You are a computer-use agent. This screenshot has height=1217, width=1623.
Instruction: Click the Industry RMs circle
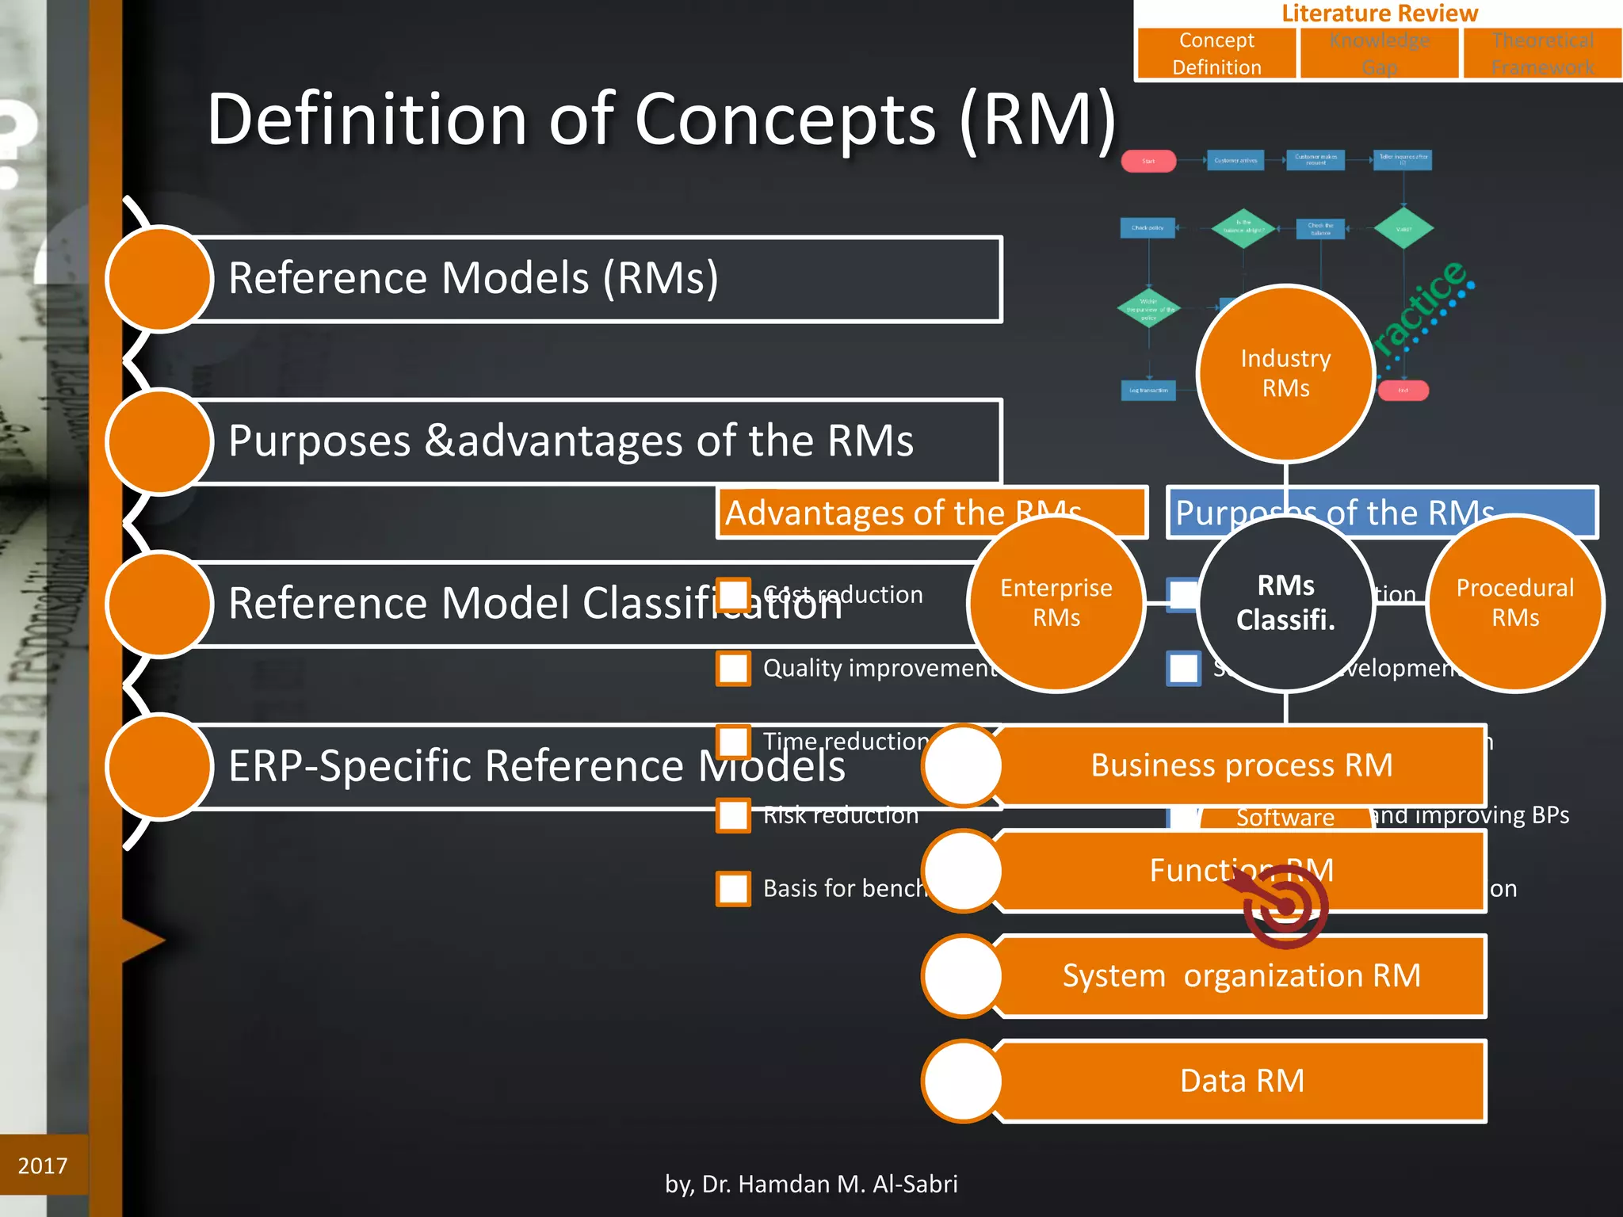coord(1285,373)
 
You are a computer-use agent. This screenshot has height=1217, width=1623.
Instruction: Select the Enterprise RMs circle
coord(1056,603)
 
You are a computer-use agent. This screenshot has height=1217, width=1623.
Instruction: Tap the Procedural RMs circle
coord(1514,603)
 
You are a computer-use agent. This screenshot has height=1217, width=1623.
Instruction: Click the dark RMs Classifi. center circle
coord(1285,603)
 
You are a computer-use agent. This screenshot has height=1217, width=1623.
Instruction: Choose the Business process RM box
coord(1241,765)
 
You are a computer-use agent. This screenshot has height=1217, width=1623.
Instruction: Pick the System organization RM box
coord(1241,975)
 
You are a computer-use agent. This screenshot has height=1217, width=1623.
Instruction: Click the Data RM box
coord(1241,1081)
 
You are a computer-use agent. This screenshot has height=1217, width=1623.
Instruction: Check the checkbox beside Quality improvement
coord(733,668)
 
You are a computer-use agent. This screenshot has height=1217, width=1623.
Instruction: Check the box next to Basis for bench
coord(733,888)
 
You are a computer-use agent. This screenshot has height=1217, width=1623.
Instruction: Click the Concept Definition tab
coord(1216,53)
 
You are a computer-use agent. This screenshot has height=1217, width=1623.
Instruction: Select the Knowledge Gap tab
coord(1379,53)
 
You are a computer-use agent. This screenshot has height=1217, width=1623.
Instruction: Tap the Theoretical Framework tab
coord(1541,53)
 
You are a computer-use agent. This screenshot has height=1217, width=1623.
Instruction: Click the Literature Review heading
coord(1379,13)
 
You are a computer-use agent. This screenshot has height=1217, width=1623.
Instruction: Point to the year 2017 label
coord(43,1165)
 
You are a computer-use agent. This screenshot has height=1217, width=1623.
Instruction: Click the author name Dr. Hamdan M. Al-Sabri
coord(811,1184)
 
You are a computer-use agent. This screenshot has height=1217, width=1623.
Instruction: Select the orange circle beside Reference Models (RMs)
coord(159,279)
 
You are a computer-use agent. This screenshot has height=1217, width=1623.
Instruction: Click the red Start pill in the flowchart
coord(1148,161)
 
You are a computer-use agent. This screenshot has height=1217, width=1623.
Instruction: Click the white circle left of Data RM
coord(963,1081)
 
